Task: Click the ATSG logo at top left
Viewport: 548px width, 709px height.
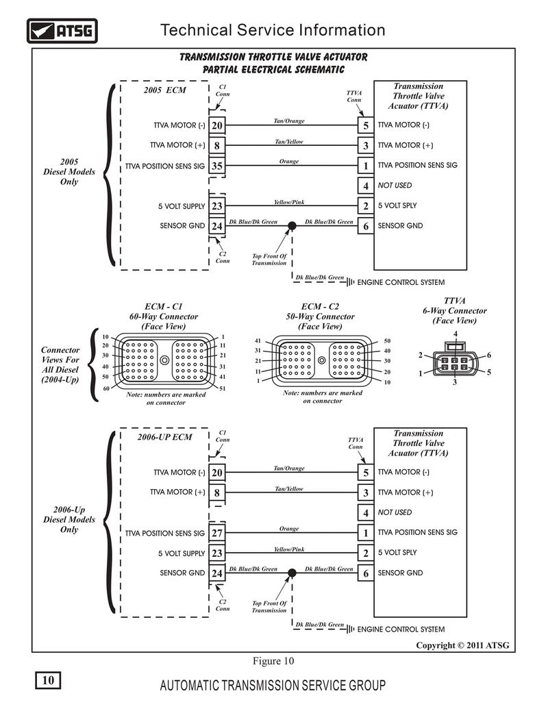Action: pyautogui.click(x=62, y=31)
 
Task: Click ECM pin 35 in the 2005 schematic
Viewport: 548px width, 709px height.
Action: pyautogui.click(x=217, y=166)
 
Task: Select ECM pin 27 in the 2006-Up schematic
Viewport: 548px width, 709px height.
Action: pyautogui.click(x=217, y=533)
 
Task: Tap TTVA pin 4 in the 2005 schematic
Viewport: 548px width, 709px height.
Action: pyautogui.click(x=366, y=186)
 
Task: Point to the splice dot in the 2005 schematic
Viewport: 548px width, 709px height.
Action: pyautogui.click(x=292, y=225)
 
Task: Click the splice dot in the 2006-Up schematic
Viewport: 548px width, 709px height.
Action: pyautogui.click(x=292, y=573)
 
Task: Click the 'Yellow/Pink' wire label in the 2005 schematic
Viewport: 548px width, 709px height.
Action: pyautogui.click(x=289, y=202)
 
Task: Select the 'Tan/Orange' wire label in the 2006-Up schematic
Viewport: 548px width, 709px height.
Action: pyautogui.click(x=289, y=468)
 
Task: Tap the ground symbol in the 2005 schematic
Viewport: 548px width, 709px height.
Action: pyautogui.click(x=351, y=282)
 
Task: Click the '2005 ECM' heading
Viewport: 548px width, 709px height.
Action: pyautogui.click(x=164, y=90)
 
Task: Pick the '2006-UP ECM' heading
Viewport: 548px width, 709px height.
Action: pyautogui.click(x=164, y=437)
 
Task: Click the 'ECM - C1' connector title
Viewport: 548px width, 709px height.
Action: pyautogui.click(x=164, y=306)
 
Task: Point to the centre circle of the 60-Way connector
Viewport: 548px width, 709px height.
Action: pyautogui.click(x=164, y=360)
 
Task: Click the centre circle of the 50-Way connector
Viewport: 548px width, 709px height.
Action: pyautogui.click(x=321, y=360)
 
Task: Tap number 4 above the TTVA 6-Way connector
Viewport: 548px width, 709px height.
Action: pyautogui.click(x=456, y=334)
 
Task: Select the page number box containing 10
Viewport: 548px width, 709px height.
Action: pyautogui.click(x=48, y=680)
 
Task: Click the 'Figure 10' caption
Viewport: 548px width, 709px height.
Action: pyautogui.click(x=273, y=661)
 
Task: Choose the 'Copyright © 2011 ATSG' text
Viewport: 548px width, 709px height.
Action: pyautogui.click(x=462, y=645)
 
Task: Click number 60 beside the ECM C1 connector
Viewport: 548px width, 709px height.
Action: pyautogui.click(x=105, y=388)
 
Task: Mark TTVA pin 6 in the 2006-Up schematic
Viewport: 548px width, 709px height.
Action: pyautogui.click(x=366, y=573)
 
